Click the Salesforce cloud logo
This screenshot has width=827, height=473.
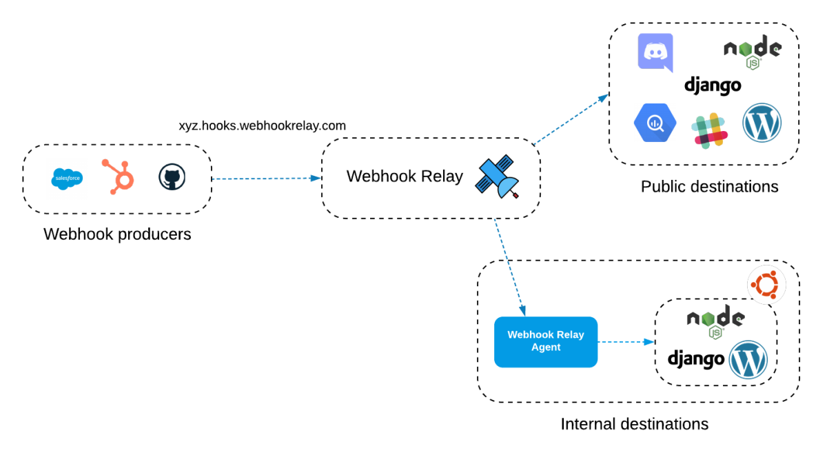pyautogui.click(x=67, y=179)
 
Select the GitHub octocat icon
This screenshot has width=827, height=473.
pyautogui.click(x=172, y=177)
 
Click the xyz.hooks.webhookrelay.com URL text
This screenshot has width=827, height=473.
pyautogui.click(x=262, y=126)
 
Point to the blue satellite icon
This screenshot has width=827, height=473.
pyautogui.click(x=497, y=177)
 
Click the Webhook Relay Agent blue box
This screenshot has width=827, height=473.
pyautogui.click(x=546, y=341)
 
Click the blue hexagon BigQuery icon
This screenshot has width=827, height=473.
pyautogui.click(x=655, y=123)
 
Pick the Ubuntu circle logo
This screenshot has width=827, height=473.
pyautogui.click(x=766, y=284)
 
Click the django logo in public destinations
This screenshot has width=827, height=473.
pyautogui.click(x=713, y=85)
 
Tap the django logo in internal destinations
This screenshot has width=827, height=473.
pyautogui.click(x=696, y=359)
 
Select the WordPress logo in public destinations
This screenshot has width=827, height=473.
pyautogui.click(x=762, y=123)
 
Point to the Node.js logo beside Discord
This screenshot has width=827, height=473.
pyautogui.click(x=752, y=52)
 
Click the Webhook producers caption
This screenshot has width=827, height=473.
pyautogui.click(x=117, y=234)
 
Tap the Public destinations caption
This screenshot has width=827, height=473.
pyautogui.click(x=709, y=187)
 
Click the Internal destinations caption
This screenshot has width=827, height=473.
pyautogui.click(x=634, y=424)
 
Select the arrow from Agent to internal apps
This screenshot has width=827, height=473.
pyautogui.click(x=625, y=341)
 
